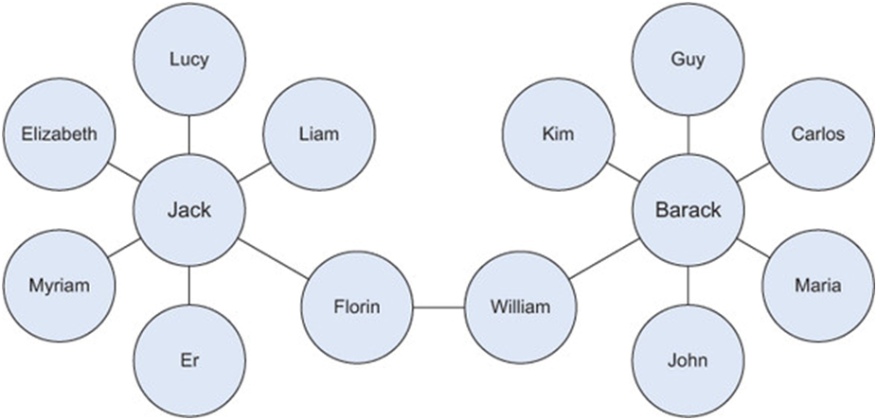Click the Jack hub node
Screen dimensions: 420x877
189,211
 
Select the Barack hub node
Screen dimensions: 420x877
688,211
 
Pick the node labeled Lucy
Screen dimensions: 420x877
189,60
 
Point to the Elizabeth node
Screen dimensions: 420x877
59,134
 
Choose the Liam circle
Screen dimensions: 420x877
319,134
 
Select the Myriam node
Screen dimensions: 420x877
59,285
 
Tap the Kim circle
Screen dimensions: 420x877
558,134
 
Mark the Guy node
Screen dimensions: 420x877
688,60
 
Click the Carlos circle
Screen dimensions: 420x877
818,134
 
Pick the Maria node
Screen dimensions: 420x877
818,285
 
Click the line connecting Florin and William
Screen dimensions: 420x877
438,307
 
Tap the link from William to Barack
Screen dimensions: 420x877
603,259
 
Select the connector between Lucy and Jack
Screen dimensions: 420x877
189,135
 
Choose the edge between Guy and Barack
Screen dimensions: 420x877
688,135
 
